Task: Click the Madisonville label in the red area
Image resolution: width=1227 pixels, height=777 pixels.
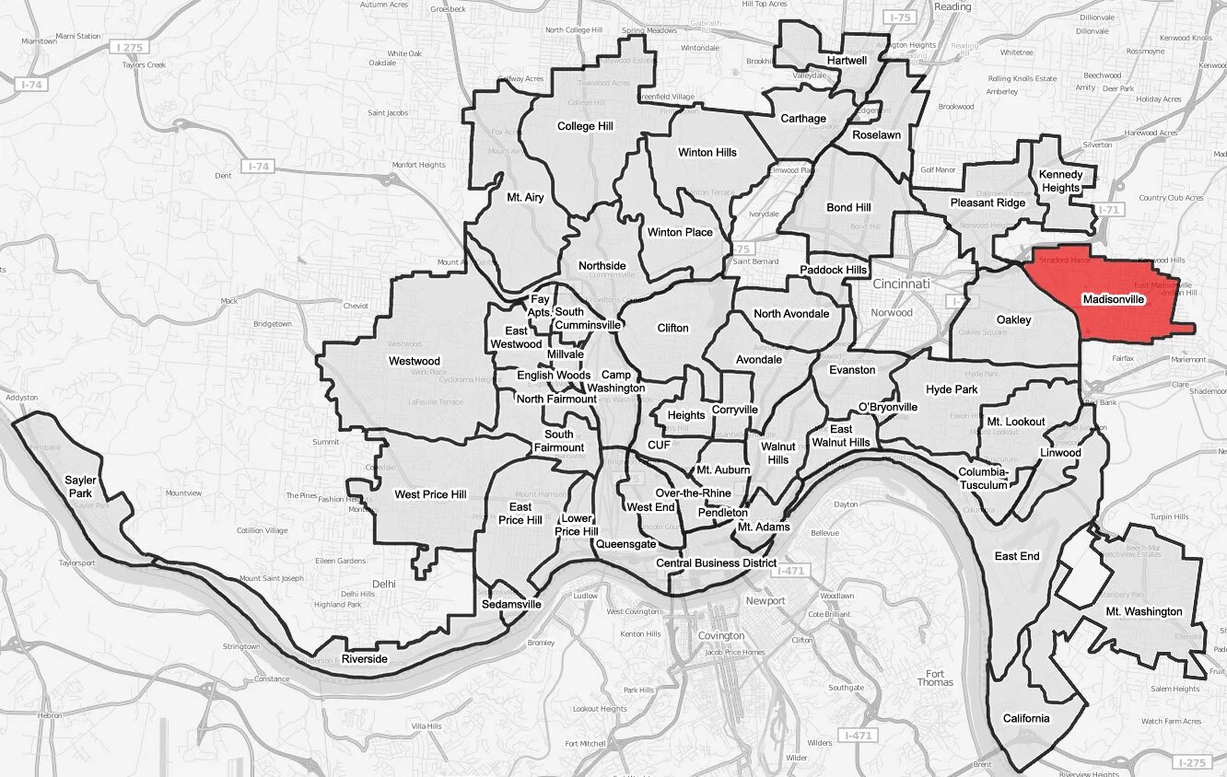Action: tap(1113, 300)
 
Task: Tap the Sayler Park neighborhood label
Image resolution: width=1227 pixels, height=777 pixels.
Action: tap(80, 487)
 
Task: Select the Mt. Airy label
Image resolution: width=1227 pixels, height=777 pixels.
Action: tap(525, 197)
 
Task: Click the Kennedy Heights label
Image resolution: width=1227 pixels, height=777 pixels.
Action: tap(1060, 181)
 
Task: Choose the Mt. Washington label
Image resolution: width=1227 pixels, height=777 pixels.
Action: tap(1144, 611)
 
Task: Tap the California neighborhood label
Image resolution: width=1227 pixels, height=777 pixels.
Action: tap(1025, 718)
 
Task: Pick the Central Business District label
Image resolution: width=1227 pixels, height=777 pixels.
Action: tap(716, 562)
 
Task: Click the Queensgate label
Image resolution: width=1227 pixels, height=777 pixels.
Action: tap(625, 544)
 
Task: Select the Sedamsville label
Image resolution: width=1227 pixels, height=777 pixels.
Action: tap(511, 605)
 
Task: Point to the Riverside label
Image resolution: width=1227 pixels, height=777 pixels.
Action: tap(364, 659)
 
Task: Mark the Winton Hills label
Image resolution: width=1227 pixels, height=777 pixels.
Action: tap(707, 152)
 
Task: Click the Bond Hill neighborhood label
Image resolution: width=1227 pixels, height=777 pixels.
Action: tap(848, 207)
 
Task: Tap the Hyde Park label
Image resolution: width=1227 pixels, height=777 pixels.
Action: tap(952, 389)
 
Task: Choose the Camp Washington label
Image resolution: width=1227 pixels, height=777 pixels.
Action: tap(616, 381)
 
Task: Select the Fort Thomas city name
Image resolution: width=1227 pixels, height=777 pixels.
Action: tap(935, 677)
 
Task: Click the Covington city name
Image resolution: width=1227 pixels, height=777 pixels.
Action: tap(721, 635)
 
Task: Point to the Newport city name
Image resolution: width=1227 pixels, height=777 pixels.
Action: tap(765, 601)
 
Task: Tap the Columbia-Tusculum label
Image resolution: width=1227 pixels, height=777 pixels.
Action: tap(985, 479)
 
